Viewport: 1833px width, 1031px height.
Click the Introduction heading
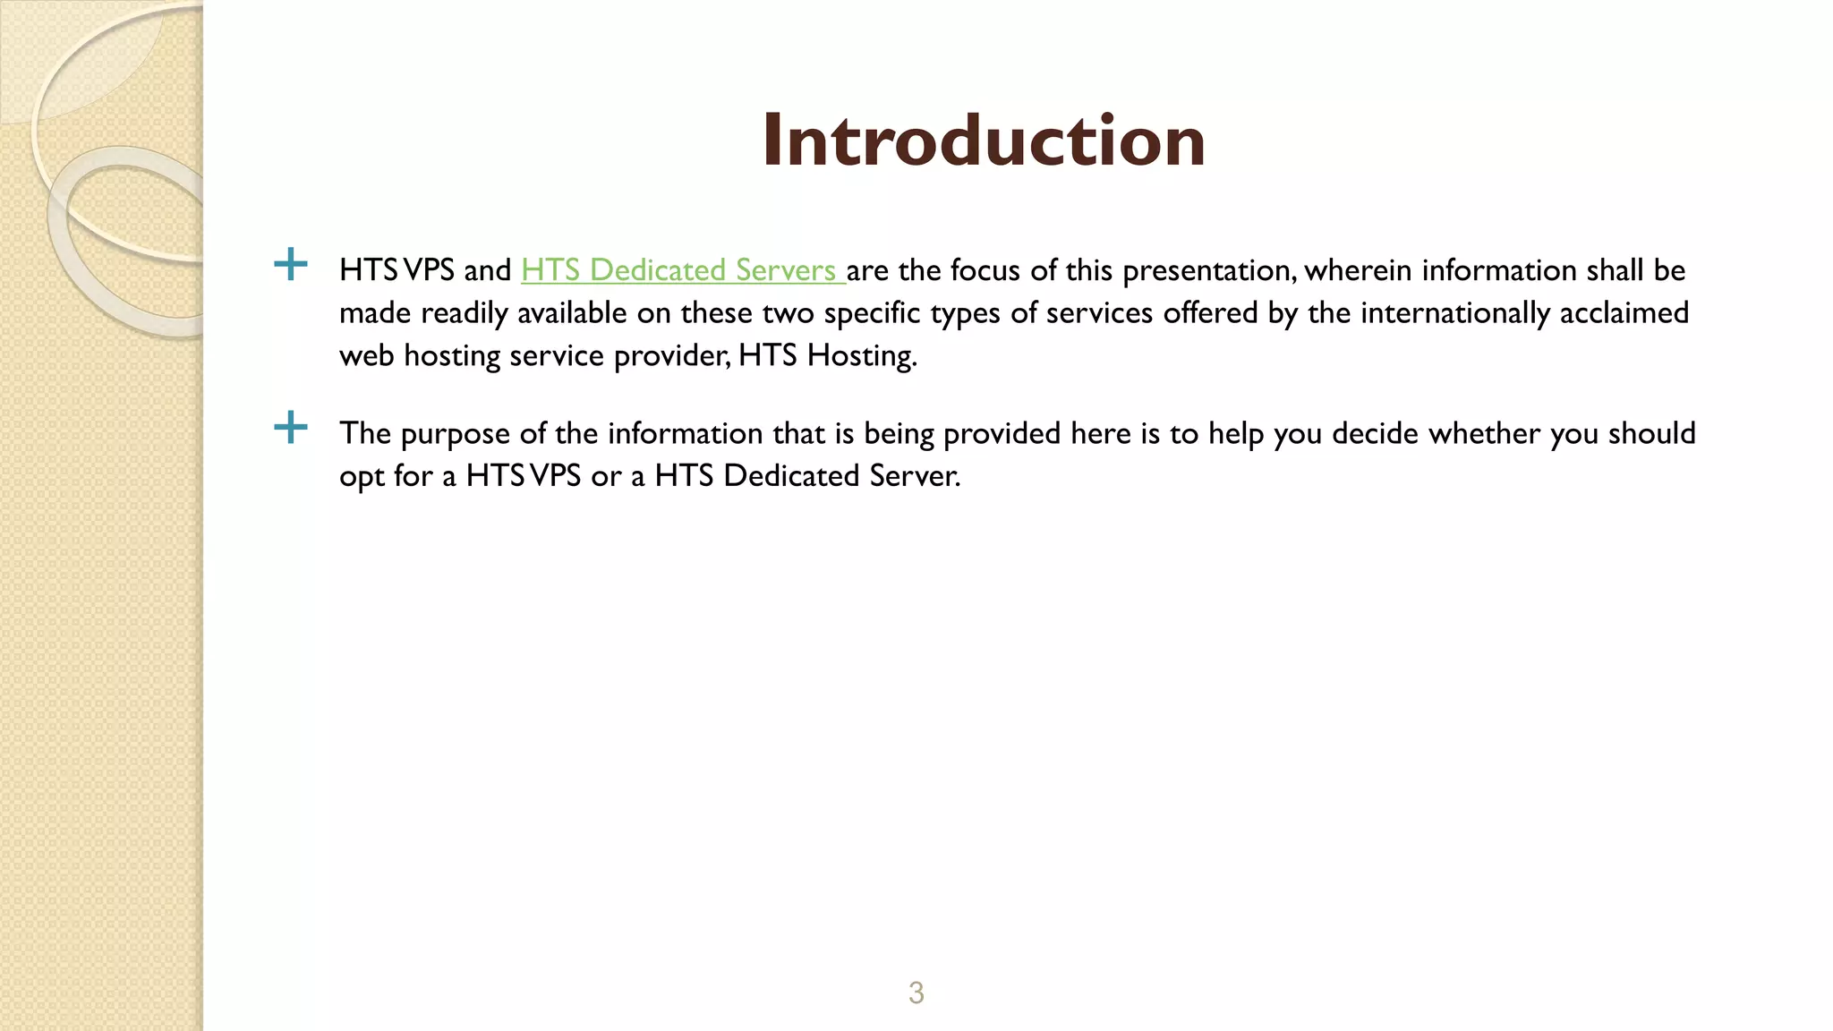tap(983, 141)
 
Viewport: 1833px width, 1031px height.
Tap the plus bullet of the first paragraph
tap(290, 265)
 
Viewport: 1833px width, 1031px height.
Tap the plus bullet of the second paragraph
tap(290, 428)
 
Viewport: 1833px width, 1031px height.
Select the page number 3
tap(916, 993)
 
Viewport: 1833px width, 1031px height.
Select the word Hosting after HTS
tap(861, 356)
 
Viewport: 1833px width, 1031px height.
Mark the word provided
tap(1002, 433)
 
